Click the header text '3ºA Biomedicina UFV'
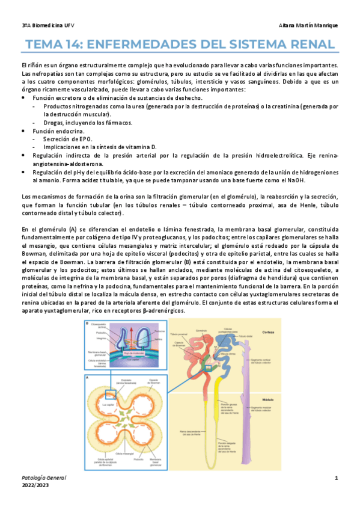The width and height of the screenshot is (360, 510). click(45, 25)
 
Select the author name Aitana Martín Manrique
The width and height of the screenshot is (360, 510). click(309, 25)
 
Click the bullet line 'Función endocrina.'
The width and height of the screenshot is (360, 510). click(58, 131)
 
